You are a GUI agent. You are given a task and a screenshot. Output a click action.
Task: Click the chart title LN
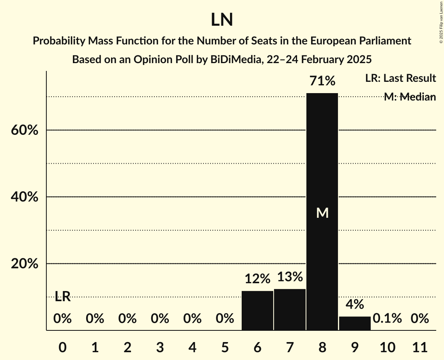[222, 20]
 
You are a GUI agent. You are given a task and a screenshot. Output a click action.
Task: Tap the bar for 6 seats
[257, 311]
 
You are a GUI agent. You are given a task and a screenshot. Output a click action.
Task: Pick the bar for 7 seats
[290, 309]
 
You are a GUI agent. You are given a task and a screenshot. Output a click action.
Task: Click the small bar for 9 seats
[355, 323]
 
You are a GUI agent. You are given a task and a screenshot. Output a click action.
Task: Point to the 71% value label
[322, 81]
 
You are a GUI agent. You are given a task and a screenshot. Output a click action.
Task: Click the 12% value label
[257, 279]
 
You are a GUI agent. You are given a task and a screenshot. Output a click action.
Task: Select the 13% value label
[290, 277]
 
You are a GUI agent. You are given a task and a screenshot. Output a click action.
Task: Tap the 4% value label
[355, 304]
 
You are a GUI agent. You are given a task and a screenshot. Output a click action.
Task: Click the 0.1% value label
[387, 319]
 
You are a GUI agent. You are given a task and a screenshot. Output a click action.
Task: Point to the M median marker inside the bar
[322, 213]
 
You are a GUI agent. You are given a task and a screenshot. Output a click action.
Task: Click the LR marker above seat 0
[62, 296]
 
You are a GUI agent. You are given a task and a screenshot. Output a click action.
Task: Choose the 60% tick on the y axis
[25, 130]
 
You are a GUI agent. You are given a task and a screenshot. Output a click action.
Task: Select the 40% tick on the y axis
[25, 197]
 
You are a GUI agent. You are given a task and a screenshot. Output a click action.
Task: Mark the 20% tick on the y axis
[25, 264]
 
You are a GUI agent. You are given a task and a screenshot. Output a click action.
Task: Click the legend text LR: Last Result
[400, 78]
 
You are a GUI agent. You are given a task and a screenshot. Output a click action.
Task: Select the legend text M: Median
[410, 97]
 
